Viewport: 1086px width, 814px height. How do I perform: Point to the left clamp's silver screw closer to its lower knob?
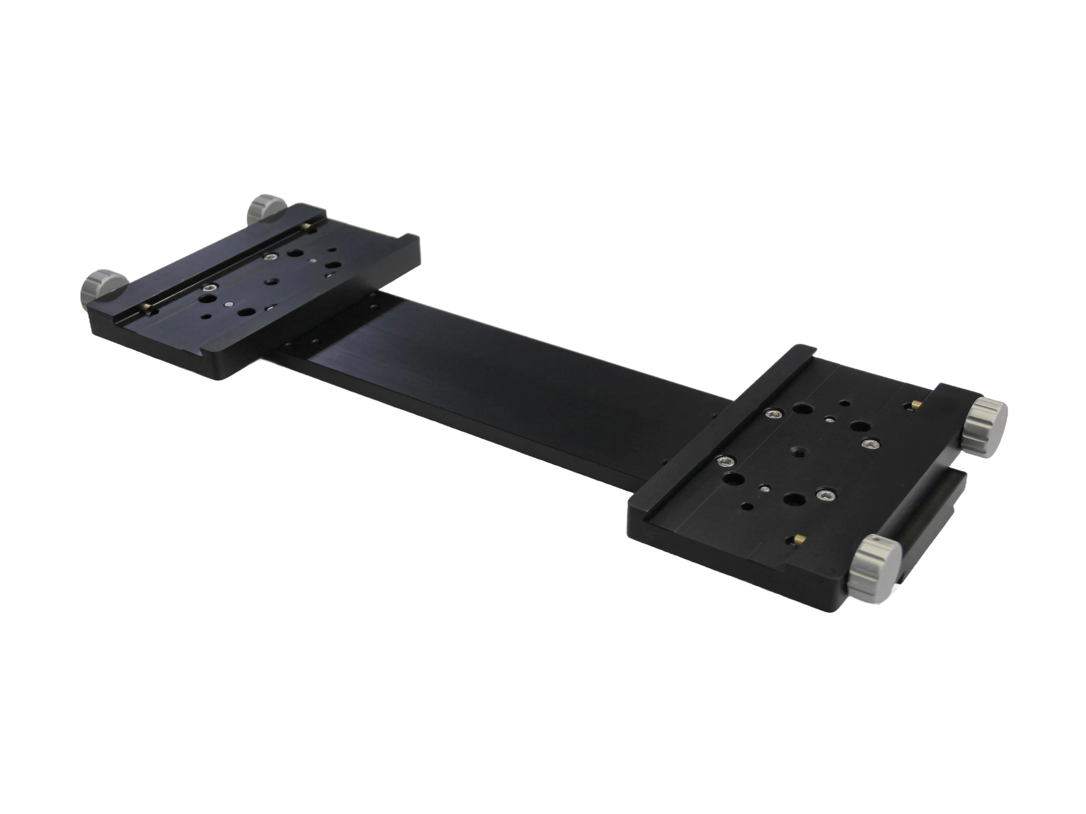(211, 287)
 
